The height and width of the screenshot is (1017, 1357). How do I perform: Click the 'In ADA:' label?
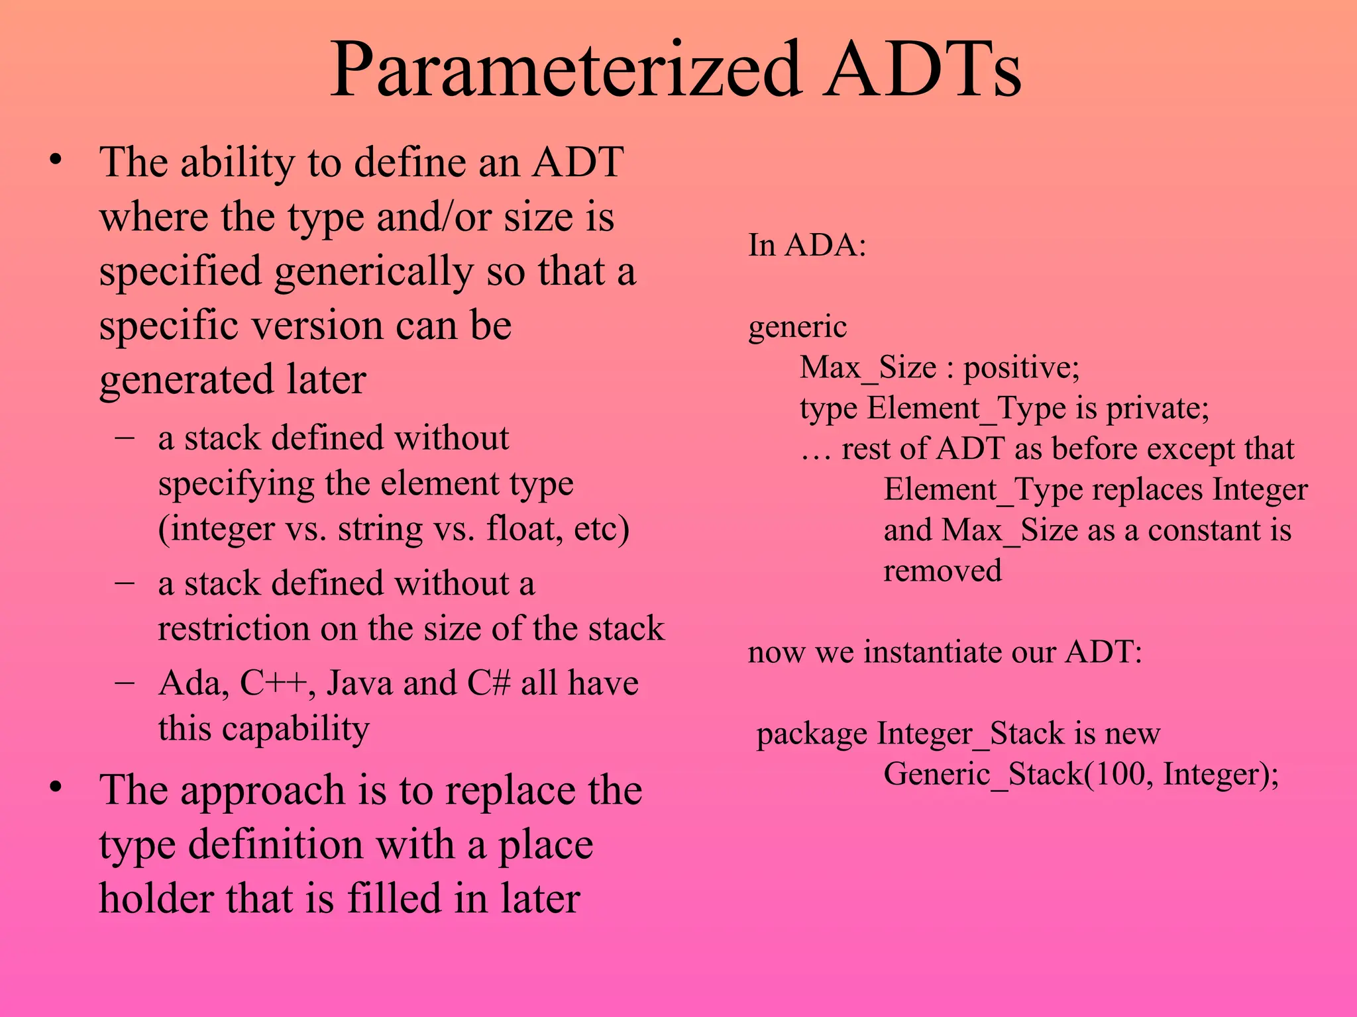tap(807, 246)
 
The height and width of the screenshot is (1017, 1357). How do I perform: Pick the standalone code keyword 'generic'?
tap(797, 327)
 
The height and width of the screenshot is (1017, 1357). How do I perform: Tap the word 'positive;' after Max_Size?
tap(1021, 368)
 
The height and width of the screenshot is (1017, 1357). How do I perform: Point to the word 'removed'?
tap(942, 571)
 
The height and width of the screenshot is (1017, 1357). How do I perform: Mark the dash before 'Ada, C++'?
tap(125, 682)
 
